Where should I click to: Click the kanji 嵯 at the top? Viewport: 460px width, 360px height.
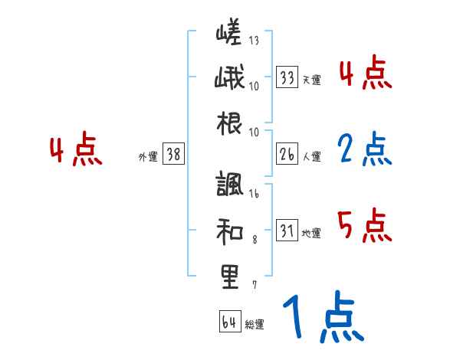228,34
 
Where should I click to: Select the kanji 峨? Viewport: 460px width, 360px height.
228,80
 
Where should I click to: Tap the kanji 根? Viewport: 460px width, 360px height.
228,125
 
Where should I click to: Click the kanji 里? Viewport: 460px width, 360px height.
228,276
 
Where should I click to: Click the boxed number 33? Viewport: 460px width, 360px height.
287,77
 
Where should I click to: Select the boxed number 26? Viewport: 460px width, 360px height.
287,155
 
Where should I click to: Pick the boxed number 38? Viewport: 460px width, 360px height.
173,155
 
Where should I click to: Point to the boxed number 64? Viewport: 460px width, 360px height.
229,322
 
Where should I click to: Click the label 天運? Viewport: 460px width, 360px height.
311,80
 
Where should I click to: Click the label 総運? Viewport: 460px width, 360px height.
254,324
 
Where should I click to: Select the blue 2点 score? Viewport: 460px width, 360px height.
363,149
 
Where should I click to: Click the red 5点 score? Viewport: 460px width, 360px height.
364,227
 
